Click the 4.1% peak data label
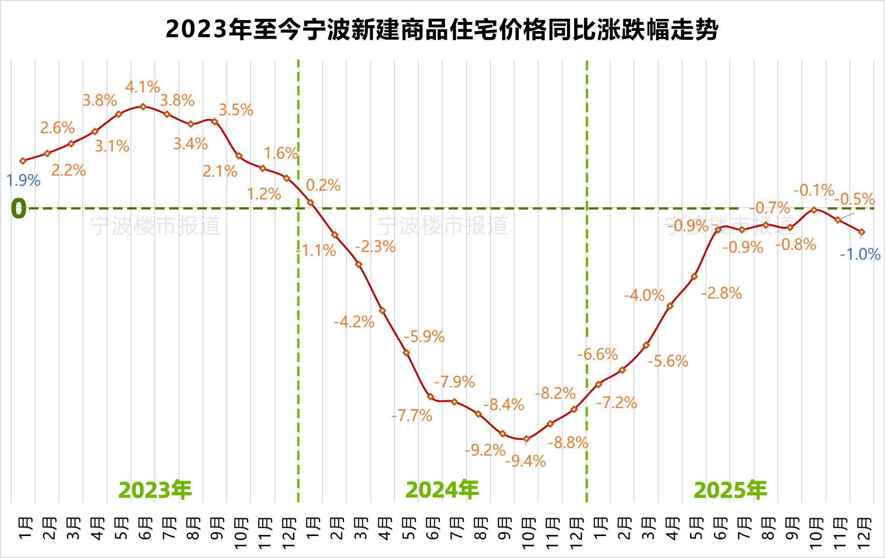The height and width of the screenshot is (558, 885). [142, 87]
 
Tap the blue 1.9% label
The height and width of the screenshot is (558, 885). [23, 180]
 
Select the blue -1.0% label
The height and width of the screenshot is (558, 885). [860, 254]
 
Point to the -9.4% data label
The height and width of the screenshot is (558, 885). [525, 461]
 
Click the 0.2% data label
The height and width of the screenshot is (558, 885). [323, 185]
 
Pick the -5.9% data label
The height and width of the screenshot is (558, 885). [424, 336]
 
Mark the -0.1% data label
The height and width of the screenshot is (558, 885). [814, 190]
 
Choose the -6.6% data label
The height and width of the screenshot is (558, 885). [597, 354]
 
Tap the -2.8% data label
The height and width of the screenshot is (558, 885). [721, 293]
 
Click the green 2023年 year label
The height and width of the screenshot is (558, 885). [155, 490]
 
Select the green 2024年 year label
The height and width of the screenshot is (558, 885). [442, 490]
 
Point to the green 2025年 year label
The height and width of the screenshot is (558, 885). [730, 490]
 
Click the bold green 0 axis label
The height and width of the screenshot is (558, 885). [19, 209]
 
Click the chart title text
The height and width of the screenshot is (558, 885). [442, 29]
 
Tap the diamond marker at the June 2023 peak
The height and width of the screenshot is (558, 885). [143, 107]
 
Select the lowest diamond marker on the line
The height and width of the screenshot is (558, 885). [526, 439]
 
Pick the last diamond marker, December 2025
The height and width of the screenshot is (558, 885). [862, 232]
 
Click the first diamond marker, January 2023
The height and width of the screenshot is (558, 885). [23, 161]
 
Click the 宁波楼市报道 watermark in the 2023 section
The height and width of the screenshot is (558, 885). [155, 226]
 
